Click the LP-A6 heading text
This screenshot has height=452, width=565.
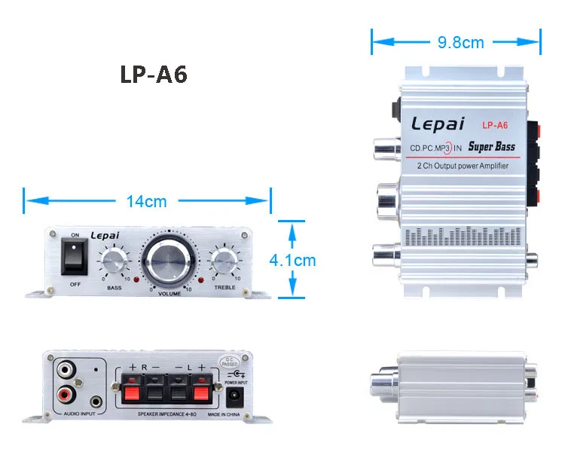pyautogui.click(x=154, y=75)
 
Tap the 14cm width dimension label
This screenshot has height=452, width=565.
pyautogui.click(x=146, y=201)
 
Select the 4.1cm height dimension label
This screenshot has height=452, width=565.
pyautogui.click(x=293, y=261)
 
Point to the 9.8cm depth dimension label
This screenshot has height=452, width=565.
pyautogui.click(x=460, y=42)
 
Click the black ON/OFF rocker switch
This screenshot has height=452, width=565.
pyautogui.click(x=75, y=258)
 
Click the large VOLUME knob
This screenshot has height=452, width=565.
pyautogui.click(x=169, y=260)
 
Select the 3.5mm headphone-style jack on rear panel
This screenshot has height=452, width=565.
pyautogui.click(x=96, y=392)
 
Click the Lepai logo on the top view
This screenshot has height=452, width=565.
pyautogui.click(x=437, y=124)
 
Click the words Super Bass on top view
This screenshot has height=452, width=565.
pyautogui.click(x=491, y=147)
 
